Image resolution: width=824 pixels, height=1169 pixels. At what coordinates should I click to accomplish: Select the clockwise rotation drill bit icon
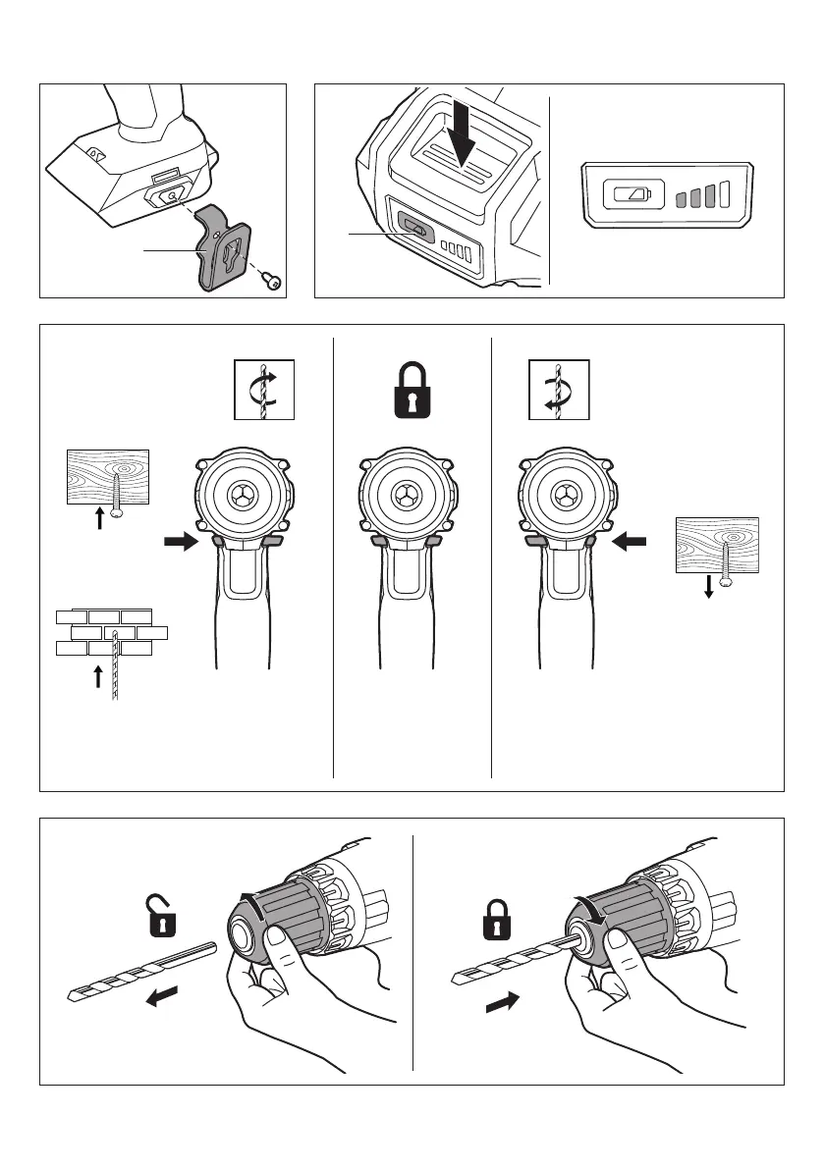[x=264, y=389]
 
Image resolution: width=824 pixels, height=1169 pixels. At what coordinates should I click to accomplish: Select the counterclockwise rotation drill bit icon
[x=559, y=389]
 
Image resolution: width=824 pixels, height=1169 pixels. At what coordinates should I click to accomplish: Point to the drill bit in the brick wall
[x=115, y=667]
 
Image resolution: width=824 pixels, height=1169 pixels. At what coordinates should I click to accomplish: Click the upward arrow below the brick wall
[x=97, y=678]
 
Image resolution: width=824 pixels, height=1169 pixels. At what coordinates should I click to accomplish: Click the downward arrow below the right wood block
[x=708, y=588]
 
